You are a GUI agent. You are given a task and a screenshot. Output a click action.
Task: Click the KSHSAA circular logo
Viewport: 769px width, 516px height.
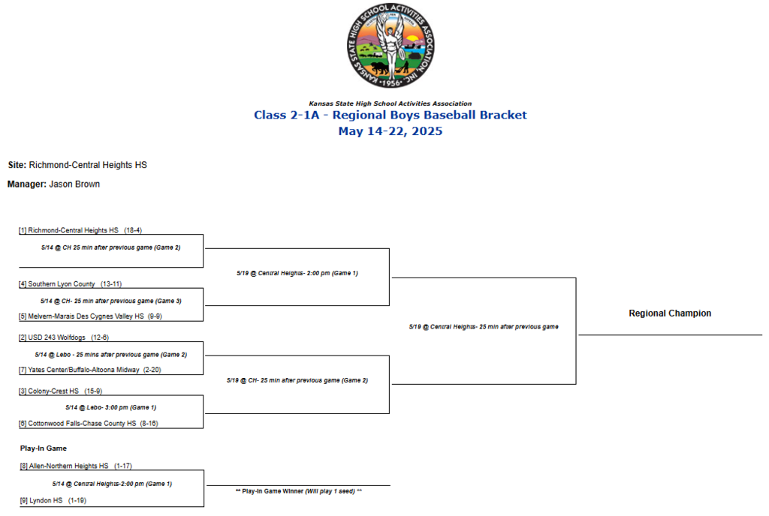(391, 46)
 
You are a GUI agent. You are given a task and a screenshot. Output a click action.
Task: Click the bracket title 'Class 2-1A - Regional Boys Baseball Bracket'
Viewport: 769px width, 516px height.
(391, 115)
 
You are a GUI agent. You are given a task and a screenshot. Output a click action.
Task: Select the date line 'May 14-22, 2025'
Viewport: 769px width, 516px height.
(391, 131)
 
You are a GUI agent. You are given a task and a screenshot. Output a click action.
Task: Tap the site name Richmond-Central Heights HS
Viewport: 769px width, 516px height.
(88, 165)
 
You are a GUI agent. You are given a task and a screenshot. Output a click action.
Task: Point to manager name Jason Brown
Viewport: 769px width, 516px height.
(74, 184)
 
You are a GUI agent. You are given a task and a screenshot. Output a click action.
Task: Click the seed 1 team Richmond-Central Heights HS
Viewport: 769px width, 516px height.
(73, 230)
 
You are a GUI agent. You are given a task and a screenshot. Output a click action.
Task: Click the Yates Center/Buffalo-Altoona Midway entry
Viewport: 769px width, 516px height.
(83, 370)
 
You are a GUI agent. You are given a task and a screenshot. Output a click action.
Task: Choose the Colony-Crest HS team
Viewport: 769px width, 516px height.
(53, 391)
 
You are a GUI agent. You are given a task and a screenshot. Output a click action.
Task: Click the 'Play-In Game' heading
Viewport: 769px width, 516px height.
(44, 448)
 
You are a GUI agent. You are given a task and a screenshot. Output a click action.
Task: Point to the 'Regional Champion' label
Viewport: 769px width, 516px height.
(670, 313)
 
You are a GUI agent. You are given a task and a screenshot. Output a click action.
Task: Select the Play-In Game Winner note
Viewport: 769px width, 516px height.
(299, 491)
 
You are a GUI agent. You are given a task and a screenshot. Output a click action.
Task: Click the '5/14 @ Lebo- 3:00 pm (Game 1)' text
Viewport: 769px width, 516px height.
(111, 407)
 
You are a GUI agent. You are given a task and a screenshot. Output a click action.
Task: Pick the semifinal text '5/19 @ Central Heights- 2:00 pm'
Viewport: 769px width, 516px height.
(297, 273)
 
